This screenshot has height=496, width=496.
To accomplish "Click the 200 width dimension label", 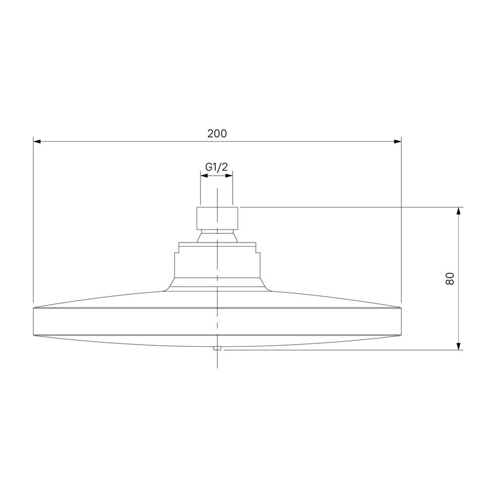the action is (217, 133).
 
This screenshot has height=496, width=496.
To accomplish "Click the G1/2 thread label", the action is (216, 167).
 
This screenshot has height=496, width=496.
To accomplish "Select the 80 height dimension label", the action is (449, 279).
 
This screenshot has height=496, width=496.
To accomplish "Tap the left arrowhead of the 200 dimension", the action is (37, 141).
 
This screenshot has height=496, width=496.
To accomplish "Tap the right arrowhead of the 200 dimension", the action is (398, 141).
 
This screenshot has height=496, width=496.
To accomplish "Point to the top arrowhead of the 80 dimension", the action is (458, 211).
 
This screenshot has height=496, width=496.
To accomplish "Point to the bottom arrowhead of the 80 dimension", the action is (458, 346).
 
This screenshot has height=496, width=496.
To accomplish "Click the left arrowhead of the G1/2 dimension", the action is (204, 176).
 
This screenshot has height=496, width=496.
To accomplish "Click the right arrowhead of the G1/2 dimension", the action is (229, 176).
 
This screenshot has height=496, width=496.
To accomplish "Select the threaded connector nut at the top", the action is (217, 218).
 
